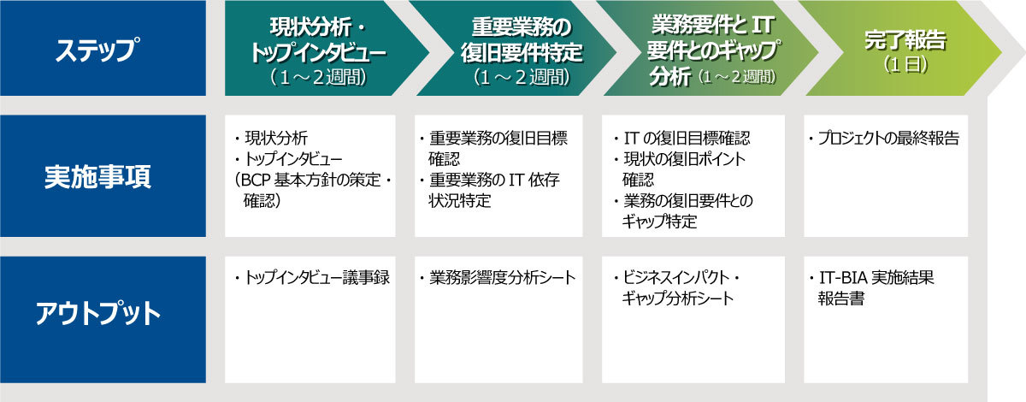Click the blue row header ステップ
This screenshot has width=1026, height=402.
103,48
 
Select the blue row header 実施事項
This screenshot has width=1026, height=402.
103,175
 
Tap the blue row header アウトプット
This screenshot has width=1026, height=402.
103,320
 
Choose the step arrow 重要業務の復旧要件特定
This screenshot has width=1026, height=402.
516,48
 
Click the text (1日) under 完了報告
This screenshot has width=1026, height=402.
905,65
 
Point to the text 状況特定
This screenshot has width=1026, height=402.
459,201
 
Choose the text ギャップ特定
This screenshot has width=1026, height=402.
659,222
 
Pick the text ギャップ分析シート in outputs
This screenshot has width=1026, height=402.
678,299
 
